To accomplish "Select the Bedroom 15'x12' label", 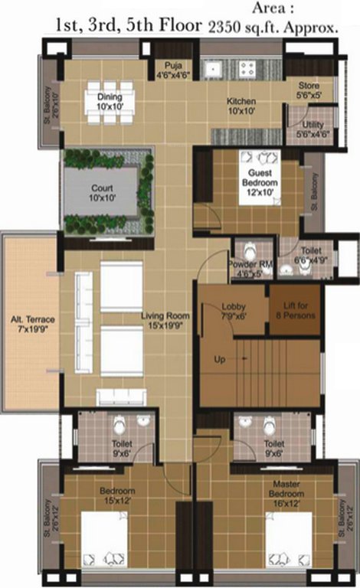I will pyautogui.click(x=117, y=495).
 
